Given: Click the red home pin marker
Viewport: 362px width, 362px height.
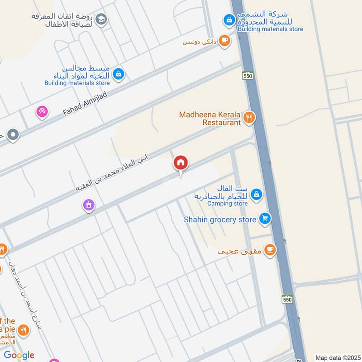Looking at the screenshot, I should [x=181, y=163].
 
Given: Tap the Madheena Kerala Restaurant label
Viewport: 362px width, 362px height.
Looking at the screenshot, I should [x=210, y=119].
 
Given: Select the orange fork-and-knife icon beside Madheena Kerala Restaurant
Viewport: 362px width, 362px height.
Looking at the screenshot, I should [x=248, y=119].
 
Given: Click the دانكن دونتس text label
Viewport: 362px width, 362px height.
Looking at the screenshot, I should [x=198, y=42].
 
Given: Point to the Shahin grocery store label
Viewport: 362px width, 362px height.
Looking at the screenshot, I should [x=220, y=219].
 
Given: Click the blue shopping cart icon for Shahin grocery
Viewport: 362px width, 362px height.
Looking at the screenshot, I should [x=265, y=219].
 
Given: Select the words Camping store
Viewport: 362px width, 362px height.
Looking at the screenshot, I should [x=228, y=204].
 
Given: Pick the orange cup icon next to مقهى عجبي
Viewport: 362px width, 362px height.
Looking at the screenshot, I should [x=270, y=250].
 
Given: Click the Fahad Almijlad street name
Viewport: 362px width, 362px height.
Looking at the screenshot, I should [x=85, y=103].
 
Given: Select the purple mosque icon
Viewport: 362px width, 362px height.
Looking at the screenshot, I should [x=89, y=205].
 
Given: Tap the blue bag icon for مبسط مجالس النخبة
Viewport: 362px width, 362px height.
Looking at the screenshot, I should [x=118, y=74].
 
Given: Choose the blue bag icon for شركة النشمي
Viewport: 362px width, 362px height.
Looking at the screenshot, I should [x=229, y=20].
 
